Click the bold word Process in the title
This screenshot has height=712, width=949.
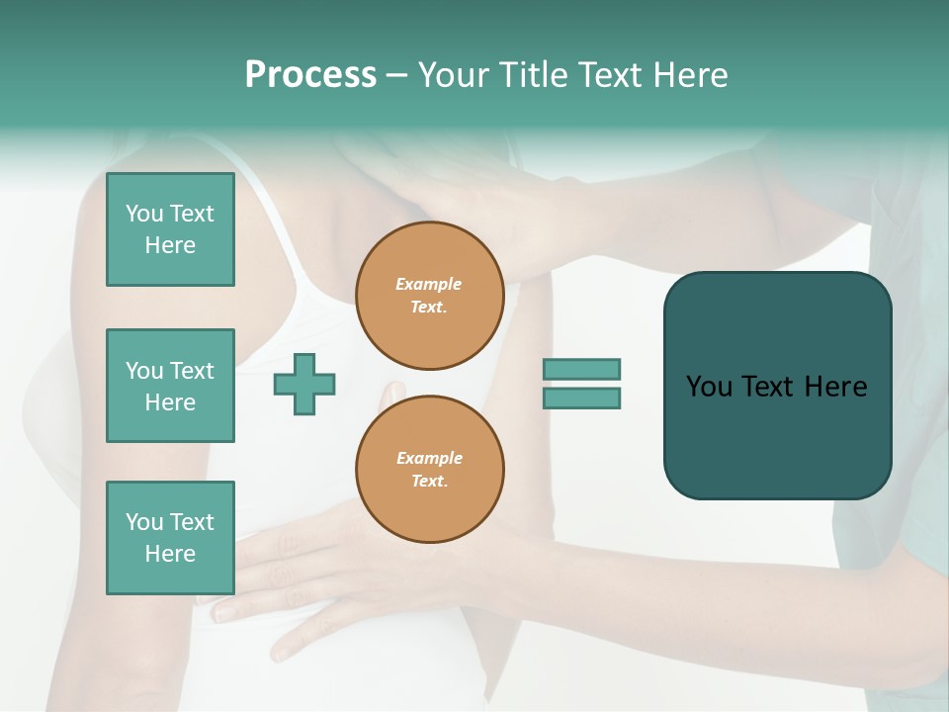310,75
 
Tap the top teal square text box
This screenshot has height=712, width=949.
170,229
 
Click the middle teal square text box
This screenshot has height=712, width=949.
170,386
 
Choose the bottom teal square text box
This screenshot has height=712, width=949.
170,538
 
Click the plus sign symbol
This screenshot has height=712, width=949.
304,384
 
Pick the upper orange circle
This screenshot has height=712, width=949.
429,296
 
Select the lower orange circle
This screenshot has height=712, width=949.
429,470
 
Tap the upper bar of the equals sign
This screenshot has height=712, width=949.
581,369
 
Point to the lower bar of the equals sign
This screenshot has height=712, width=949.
581,399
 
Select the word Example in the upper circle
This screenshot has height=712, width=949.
429,284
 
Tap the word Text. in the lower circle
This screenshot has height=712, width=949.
429,482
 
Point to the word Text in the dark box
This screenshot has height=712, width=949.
769,387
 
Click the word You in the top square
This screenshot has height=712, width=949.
143,214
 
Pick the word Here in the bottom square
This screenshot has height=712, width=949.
170,554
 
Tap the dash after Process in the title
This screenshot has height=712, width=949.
396,75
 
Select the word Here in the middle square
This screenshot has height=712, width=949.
170,402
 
